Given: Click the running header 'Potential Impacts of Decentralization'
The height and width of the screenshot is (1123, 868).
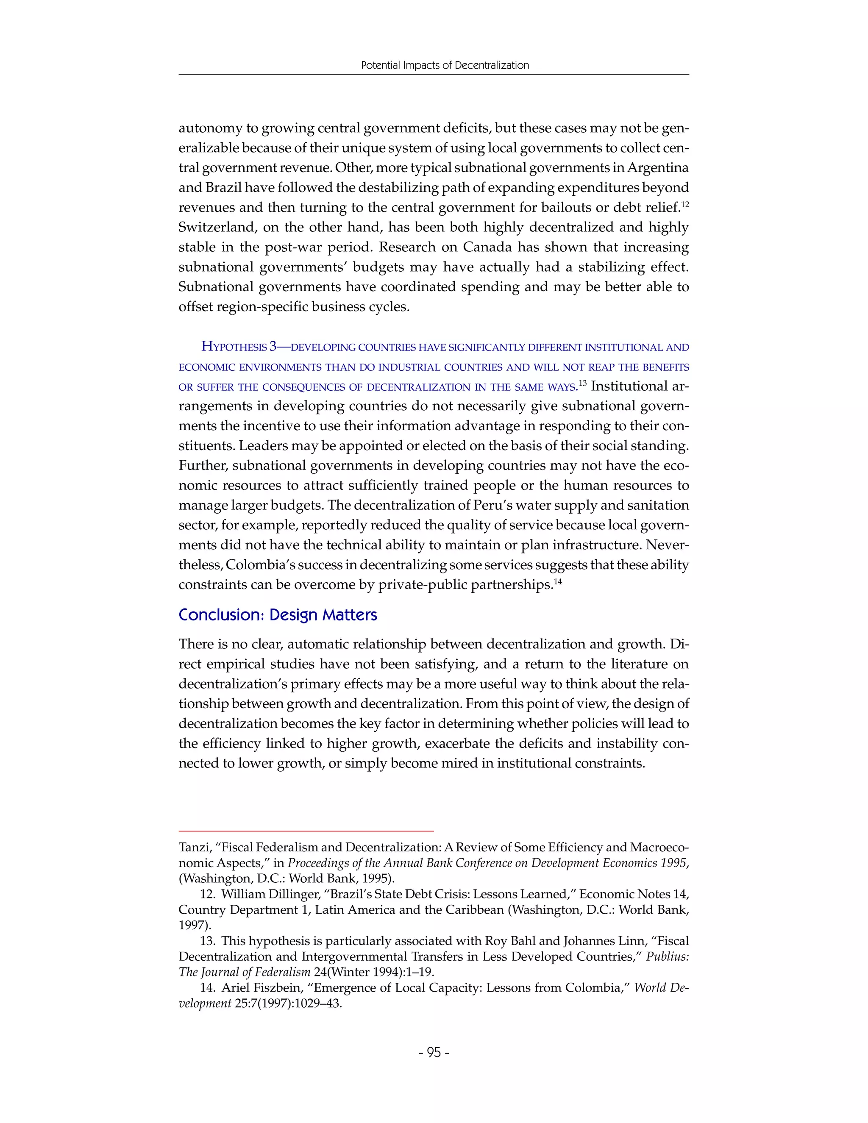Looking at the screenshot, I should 445,65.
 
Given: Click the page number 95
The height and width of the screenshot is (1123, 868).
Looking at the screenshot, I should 434,1053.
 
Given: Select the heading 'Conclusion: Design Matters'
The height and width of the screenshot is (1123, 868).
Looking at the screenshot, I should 278,615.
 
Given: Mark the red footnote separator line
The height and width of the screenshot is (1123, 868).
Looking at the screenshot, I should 306,831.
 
